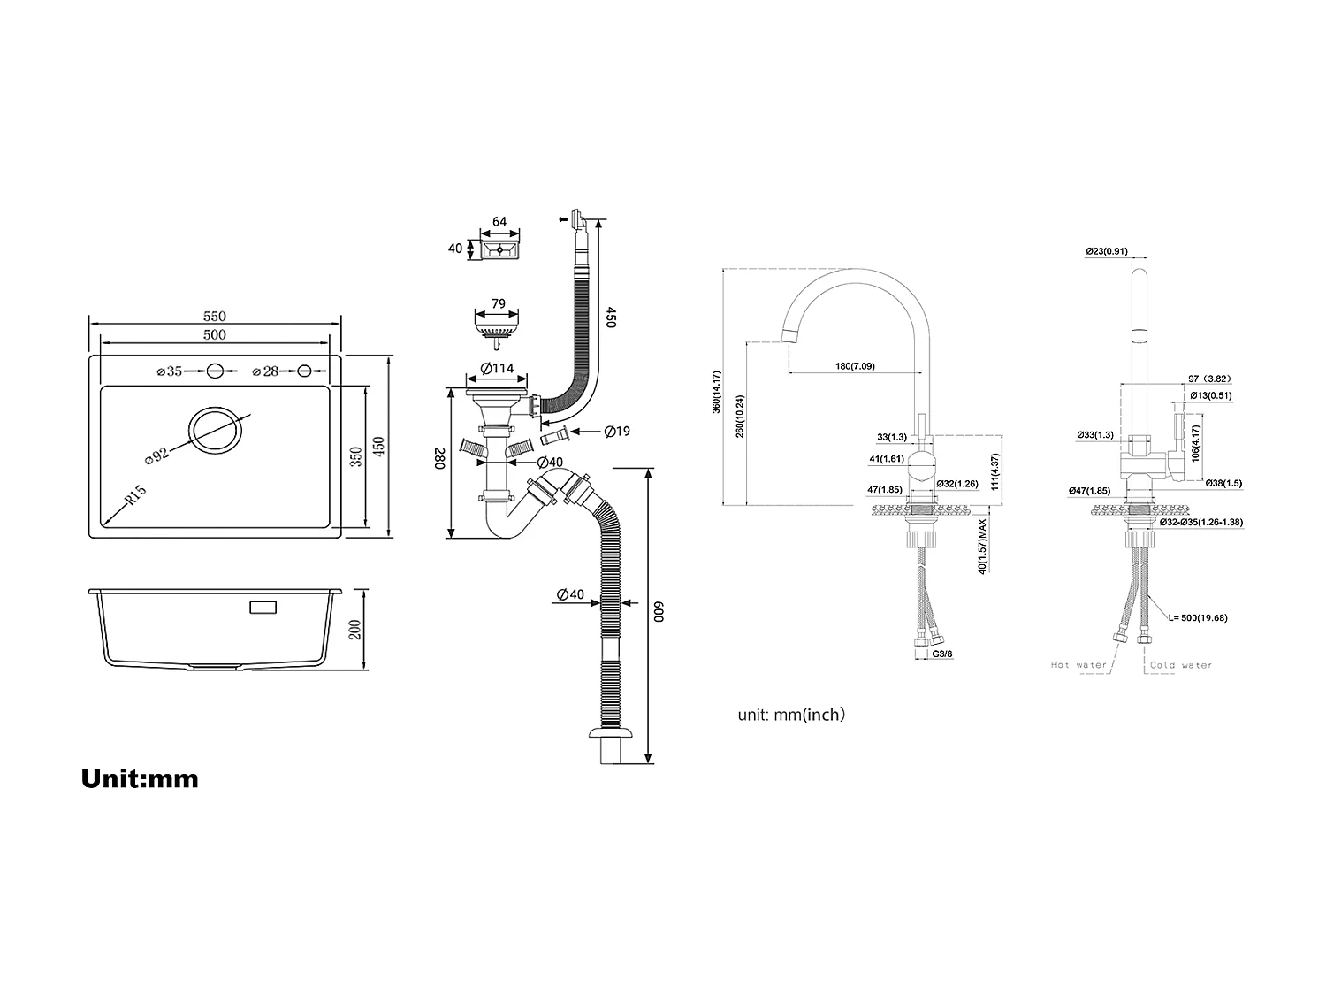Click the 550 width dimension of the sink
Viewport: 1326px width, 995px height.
click(215, 316)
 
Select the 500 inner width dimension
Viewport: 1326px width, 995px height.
click(215, 334)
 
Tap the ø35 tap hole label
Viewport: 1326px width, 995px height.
click(169, 371)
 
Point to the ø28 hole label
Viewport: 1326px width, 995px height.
click(266, 371)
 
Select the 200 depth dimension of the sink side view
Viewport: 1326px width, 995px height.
click(355, 630)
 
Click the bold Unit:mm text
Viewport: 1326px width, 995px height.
click(140, 778)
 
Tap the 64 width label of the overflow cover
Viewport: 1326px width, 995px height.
click(499, 221)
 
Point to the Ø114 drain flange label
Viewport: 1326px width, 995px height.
click(498, 369)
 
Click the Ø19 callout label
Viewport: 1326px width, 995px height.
click(617, 432)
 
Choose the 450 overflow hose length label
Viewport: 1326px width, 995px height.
click(610, 318)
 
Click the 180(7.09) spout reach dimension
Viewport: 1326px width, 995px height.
click(855, 365)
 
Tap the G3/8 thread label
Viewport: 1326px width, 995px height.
click(943, 654)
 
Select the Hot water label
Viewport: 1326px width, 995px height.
click(1078, 665)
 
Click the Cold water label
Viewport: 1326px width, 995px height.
click(1181, 665)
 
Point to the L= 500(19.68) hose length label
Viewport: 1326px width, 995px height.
click(1198, 617)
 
